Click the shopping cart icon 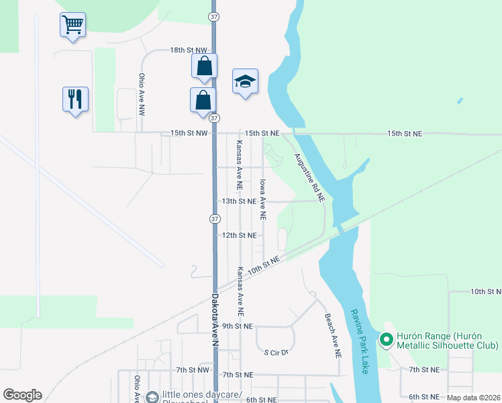tap(72, 25)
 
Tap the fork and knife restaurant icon tap(75, 98)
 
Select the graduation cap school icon tap(245, 81)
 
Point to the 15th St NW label tap(187, 134)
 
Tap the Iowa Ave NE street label tap(263, 199)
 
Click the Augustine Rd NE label tap(309, 177)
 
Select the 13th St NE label tap(239, 201)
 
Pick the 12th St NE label tap(239, 235)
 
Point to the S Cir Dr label tap(276, 352)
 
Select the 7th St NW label tap(193, 370)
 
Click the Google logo tap(22, 395)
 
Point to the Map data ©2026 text tap(473, 398)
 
